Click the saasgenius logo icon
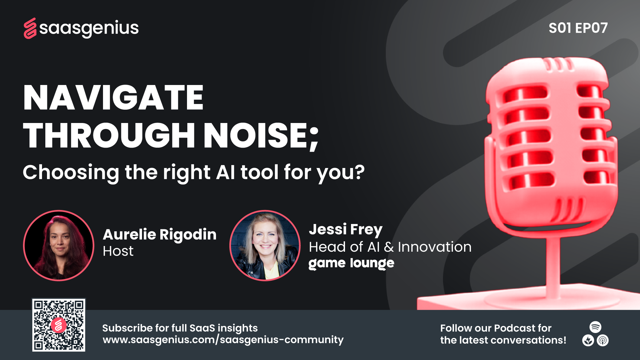[30, 28]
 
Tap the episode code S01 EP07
[578, 28]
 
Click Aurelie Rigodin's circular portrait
[59, 246]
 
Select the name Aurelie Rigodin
[160, 234]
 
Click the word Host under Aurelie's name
[118, 251]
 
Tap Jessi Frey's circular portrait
[265, 246]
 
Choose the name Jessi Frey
[346, 229]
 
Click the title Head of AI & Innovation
[390, 247]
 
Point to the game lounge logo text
[351, 263]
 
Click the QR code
[59, 325]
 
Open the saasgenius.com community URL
[223, 340]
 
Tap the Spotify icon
[595, 327]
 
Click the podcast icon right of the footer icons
[603, 340]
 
